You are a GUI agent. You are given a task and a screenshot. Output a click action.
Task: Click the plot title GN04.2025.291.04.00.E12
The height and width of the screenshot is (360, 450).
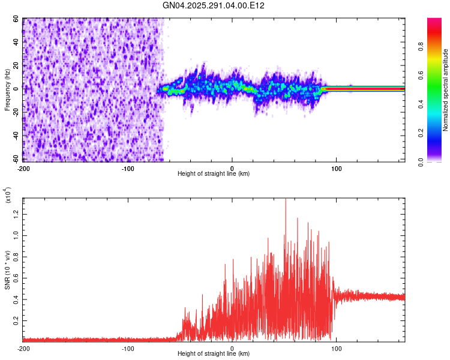214,5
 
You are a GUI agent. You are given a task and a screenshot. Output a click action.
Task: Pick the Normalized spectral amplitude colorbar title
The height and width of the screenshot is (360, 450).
446,90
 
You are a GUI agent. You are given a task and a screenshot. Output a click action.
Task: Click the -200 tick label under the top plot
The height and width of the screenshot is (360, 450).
24,168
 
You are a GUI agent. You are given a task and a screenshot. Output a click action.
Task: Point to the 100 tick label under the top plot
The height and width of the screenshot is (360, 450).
337,168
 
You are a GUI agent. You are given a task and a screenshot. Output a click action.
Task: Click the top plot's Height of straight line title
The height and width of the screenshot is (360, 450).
214,174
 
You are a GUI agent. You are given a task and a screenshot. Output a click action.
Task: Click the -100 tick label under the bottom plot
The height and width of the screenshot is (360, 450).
127,348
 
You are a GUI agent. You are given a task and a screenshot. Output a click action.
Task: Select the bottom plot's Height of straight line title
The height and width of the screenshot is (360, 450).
214,354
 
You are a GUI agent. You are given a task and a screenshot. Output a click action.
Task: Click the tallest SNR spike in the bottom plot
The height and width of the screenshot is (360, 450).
286,200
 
